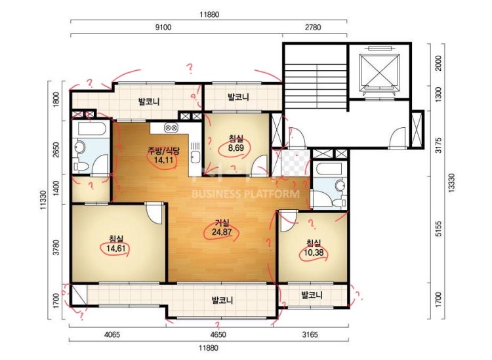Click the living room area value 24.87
[222, 232]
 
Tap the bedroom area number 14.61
[115, 249]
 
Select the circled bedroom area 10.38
[314, 252]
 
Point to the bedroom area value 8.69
[236, 148]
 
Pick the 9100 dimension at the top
[163, 28]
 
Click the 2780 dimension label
[313, 28]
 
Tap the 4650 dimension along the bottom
[218, 334]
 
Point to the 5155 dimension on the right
[439, 229]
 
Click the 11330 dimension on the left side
[43, 200]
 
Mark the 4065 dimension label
[112, 334]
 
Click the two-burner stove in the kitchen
[171, 128]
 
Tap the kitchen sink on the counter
[195, 156]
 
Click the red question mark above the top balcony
[190, 68]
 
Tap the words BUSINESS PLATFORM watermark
[245, 194]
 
